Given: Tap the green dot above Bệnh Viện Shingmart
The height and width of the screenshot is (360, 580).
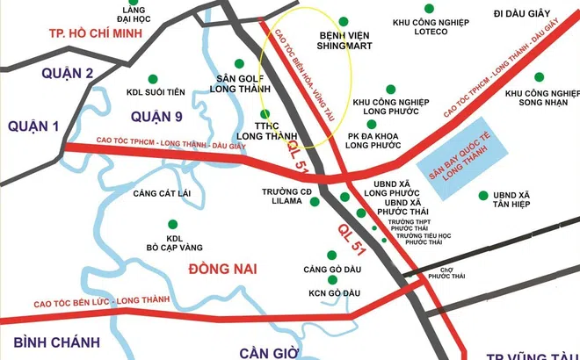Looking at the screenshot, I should pos(342,20).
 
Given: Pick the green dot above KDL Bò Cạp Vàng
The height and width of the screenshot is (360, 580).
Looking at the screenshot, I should pos(172,224).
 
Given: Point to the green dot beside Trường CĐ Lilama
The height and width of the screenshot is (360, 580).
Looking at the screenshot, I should pos(315,201).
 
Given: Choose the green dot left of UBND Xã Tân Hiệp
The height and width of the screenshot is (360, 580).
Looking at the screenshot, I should pos(482,195).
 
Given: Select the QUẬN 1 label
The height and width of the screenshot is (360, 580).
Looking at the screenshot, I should pos(33,126).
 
